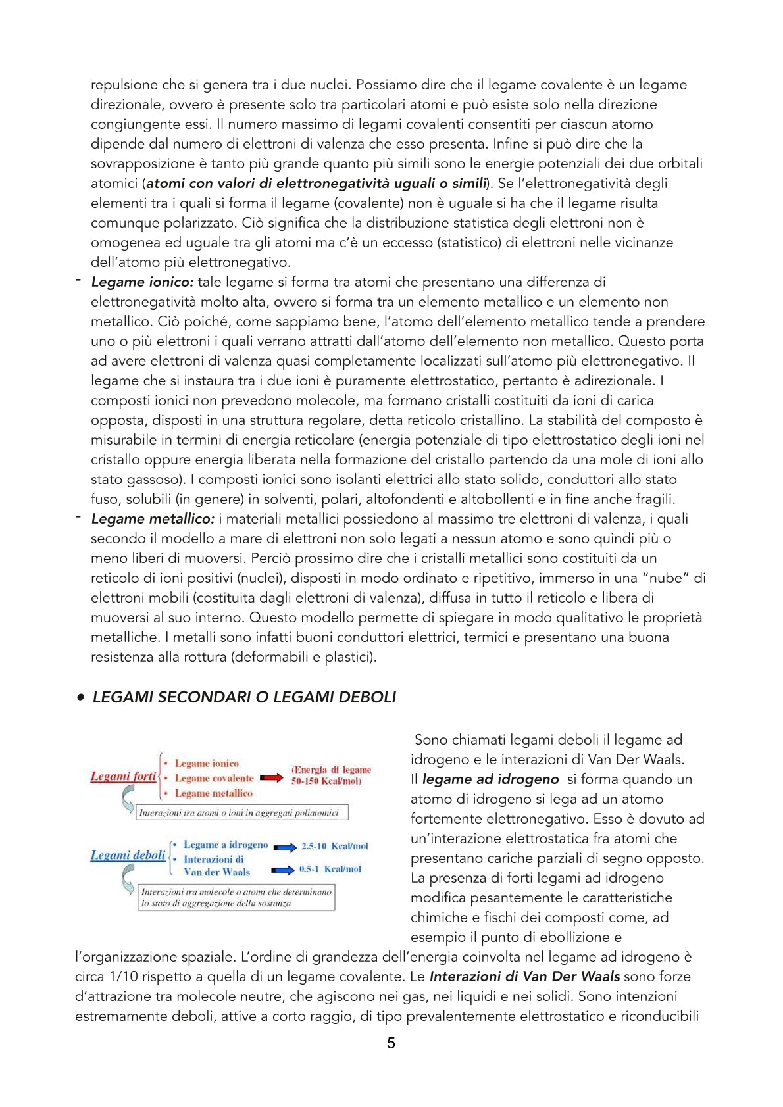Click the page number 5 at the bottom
coord(391,1043)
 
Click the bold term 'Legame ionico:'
coord(142,282)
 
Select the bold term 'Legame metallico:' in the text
coord(153,519)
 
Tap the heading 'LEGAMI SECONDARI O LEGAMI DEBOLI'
coord(244,697)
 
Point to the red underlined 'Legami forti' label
coord(123,777)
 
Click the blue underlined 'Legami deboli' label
coord(128,856)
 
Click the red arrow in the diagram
coord(271,778)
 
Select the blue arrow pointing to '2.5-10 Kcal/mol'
coord(285,847)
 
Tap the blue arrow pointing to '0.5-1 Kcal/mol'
coord(283,870)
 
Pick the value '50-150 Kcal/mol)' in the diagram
coord(326,781)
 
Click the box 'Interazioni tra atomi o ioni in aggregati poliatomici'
coord(240,813)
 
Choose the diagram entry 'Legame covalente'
coord(214,778)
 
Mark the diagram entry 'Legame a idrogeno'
coord(226,845)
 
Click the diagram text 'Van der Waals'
coord(216,872)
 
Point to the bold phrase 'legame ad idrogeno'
coord(490,779)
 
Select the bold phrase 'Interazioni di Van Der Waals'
coord(524,977)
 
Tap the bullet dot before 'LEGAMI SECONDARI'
coord(80,697)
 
